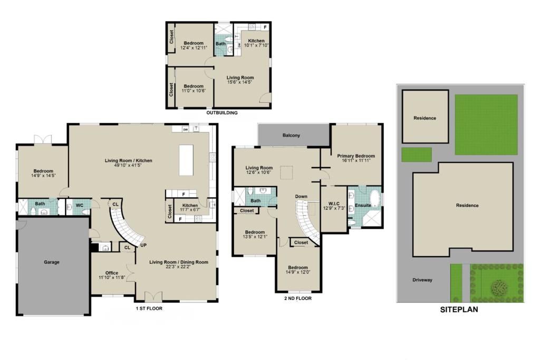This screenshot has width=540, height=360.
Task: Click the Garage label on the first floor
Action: (51, 262)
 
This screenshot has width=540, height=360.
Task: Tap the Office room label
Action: (111, 273)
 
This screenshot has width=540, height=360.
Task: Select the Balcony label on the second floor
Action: (291, 135)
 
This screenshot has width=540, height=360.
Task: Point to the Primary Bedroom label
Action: (356, 156)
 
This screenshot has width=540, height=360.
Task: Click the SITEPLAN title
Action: (459, 310)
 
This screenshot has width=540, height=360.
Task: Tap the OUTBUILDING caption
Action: (221, 113)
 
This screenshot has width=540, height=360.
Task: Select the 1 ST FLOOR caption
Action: (149, 308)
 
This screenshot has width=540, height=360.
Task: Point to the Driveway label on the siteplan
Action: (422, 280)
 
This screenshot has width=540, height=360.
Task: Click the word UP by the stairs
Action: (143, 246)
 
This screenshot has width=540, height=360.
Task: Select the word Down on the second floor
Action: (301, 197)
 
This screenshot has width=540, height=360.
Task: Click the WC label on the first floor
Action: (80, 205)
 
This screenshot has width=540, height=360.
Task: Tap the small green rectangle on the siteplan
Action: (416, 154)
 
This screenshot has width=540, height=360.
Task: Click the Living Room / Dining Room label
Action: (178, 262)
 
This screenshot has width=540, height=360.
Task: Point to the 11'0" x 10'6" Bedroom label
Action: (194, 90)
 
